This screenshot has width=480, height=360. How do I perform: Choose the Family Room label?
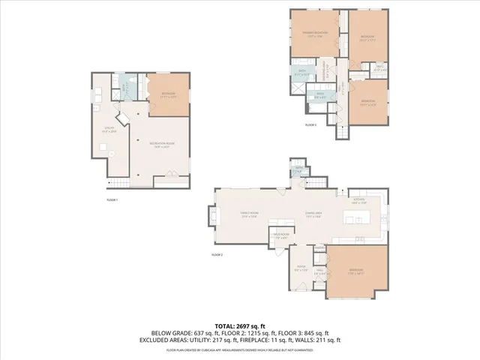(x=250, y=214)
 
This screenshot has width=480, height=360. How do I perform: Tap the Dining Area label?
(x=313, y=214)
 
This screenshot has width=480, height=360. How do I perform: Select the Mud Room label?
(x=281, y=236)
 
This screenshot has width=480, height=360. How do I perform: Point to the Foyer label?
(x=301, y=267)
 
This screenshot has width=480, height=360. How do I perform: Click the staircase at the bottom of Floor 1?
(x=120, y=183)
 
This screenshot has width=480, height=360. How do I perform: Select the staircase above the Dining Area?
(x=319, y=182)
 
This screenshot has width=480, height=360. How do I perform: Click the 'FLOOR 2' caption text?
(x=217, y=256)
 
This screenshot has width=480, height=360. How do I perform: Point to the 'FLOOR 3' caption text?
(x=310, y=124)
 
